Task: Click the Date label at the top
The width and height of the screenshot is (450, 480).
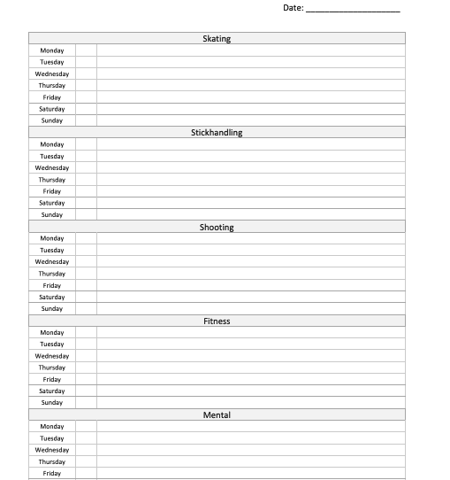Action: [293, 8]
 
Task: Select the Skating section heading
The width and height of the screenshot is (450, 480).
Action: [217, 39]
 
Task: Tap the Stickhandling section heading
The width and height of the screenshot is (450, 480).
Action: [217, 133]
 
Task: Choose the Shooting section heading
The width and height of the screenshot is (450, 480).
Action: [217, 228]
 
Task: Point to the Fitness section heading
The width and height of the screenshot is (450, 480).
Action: [217, 321]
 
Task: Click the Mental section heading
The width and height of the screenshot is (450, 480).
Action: [217, 415]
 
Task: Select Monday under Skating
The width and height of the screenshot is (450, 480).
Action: [52, 50]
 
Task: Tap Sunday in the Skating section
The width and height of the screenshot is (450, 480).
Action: [52, 120]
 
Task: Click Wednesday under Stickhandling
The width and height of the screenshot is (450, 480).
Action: [52, 168]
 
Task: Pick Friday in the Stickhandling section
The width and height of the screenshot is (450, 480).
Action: [52, 191]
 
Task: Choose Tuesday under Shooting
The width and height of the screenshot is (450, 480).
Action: [52, 251]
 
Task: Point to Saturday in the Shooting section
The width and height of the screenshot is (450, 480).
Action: [52, 298]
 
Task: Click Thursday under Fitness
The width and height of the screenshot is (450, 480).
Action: [52, 368]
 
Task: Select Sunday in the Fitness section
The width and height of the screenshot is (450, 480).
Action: [52, 403]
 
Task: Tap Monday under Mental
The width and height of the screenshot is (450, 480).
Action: [52, 427]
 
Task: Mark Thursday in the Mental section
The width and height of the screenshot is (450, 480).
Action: [52, 462]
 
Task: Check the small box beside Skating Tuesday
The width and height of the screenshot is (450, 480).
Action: [86, 62]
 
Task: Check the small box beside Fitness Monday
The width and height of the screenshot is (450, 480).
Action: [86, 333]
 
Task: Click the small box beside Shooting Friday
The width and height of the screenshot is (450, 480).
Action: [86, 286]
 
